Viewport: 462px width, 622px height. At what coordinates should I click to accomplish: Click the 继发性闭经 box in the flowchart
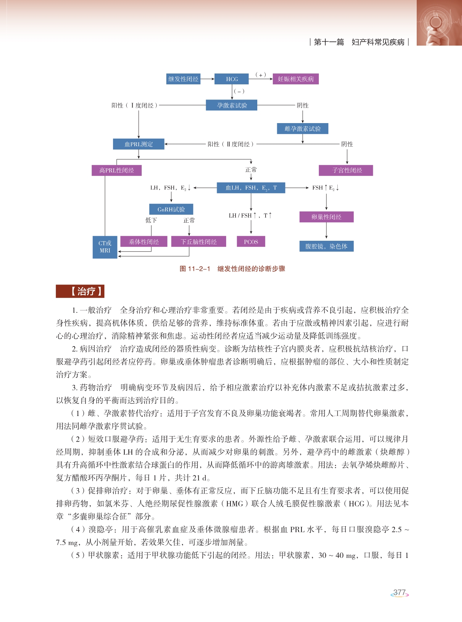pyautogui.click(x=183, y=79)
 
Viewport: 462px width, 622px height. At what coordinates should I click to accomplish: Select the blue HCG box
pyautogui.click(x=232, y=79)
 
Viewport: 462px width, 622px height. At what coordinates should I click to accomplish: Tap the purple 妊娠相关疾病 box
pyautogui.click(x=296, y=79)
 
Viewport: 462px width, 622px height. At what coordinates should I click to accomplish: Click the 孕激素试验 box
pyautogui.click(x=232, y=105)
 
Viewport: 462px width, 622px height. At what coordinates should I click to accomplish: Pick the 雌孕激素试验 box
pyautogui.click(x=303, y=129)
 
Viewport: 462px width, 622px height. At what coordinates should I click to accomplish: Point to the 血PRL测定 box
pyautogui.click(x=139, y=144)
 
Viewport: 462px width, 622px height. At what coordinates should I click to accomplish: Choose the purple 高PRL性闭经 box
pyautogui.click(x=117, y=170)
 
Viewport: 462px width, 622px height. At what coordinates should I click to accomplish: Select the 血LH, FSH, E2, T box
pyautogui.click(x=251, y=188)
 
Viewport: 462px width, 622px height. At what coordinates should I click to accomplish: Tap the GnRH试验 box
pyautogui.click(x=171, y=209)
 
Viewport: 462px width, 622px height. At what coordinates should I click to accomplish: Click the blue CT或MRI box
pyautogui.click(x=105, y=247)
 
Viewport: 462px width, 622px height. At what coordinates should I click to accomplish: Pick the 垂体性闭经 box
pyautogui.click(x=144, y=241)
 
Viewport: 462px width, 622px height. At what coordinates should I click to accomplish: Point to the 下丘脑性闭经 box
pyautogui.click(x=199, y=241)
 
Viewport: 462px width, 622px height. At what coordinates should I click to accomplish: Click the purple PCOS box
pyautogui.click(x=251, y=241)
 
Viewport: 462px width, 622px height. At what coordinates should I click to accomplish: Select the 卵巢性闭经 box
pyautogui.click(x=326, y=217)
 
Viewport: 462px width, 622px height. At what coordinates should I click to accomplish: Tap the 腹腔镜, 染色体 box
pyautogui.click(x=326, y=246)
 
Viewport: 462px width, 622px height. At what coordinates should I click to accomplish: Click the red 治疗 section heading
pyautogui.click(x=80, y=291)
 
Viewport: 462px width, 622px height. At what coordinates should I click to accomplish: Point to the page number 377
pyautogui.click(x=399, y=593)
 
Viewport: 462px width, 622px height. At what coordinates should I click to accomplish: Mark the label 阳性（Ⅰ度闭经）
pyautogui.click(x=135, y=105)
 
